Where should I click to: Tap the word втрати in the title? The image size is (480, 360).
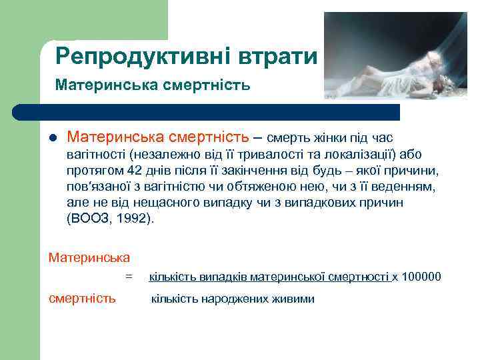click(x=277, y=56)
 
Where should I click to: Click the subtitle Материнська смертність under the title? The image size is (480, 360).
click(x=153, y=85)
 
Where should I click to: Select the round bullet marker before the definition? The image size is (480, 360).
click(x=53, y=139)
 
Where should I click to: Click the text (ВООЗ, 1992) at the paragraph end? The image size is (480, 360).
click(x=110, y=217)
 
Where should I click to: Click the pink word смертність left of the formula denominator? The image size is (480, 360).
click(x=83, y=298)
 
